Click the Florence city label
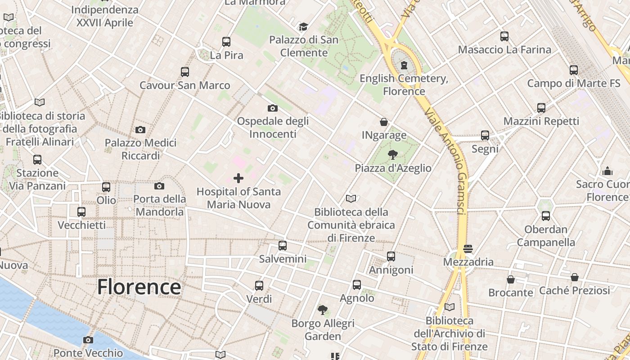(139, 287)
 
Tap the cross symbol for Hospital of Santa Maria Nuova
(238, 178)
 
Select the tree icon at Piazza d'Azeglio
(393, 155)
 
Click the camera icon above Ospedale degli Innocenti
(272, 108)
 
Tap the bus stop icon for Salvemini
(283, 246)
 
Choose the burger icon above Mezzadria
(468, 249)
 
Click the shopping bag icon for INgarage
(384, 122)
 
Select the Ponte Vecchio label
(88, 353)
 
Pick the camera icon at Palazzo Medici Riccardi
(140, 130)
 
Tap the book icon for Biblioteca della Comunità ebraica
(351, 198)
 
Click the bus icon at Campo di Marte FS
(574, 70)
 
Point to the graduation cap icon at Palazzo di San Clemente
(303, 27)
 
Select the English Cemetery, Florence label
(404, 85)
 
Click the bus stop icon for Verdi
(259, 286)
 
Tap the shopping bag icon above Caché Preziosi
(575, 277)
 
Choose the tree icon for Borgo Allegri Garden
(322, 310)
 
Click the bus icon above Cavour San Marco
(185, 72)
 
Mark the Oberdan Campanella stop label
(545, 236)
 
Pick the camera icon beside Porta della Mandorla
(159, 186)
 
